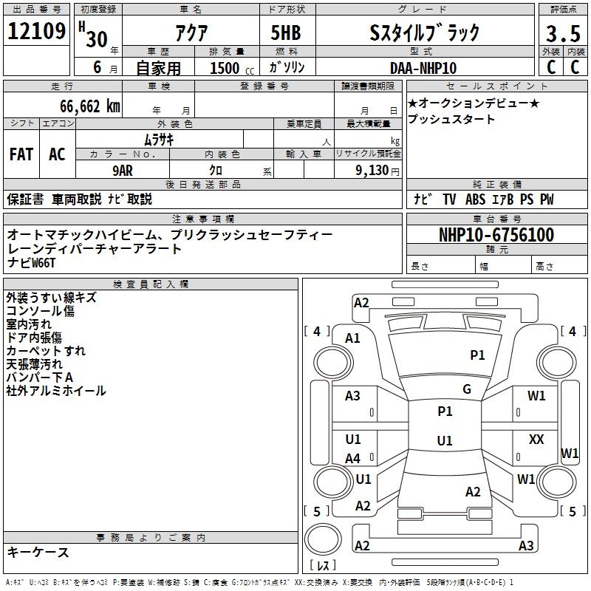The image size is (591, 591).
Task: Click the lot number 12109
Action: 36,30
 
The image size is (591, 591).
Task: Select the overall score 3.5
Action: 563,33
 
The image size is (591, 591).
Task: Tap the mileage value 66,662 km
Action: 90,106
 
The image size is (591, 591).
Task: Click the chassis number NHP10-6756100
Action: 496,235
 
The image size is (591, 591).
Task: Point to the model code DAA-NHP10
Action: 423,68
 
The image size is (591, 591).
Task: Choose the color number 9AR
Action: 123,171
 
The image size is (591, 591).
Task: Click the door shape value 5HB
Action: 286,33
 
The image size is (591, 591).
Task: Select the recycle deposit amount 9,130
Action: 372,171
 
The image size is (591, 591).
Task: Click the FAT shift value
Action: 21,154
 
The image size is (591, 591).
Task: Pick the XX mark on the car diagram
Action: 536,439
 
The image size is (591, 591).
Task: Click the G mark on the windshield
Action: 467,389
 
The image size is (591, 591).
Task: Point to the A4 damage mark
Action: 352,459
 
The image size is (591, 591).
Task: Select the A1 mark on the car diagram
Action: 352,338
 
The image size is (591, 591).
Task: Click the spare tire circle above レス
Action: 323,539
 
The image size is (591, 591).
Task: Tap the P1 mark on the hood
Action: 477,355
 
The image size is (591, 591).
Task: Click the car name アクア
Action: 191,33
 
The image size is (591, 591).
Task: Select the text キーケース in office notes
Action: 38,552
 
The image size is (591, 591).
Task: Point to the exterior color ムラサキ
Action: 159,140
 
